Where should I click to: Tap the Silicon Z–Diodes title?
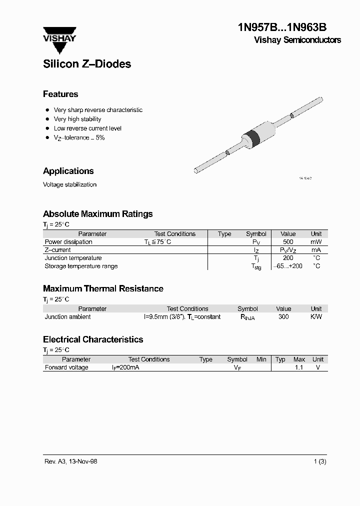point(87,64)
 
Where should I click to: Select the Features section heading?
point(60,94)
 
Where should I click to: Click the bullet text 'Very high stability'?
point(77,119)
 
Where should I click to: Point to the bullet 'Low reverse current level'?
point(87,128)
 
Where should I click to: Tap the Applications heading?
point(68,171)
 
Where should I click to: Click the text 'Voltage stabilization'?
point(69,184)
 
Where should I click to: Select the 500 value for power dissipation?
point(288,242)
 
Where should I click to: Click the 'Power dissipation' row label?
point(68,242)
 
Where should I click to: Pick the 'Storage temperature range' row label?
point(81,266)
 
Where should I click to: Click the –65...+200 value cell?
point(288,266)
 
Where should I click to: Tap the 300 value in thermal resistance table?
point(283,317)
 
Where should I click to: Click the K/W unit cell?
point(316,317)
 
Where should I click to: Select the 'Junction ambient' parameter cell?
point(68,317)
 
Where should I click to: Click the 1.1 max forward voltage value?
point(299,367)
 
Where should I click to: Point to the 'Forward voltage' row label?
point(66,367)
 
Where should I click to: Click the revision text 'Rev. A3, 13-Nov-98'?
point(70,461)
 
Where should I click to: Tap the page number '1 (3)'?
point(319,461)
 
